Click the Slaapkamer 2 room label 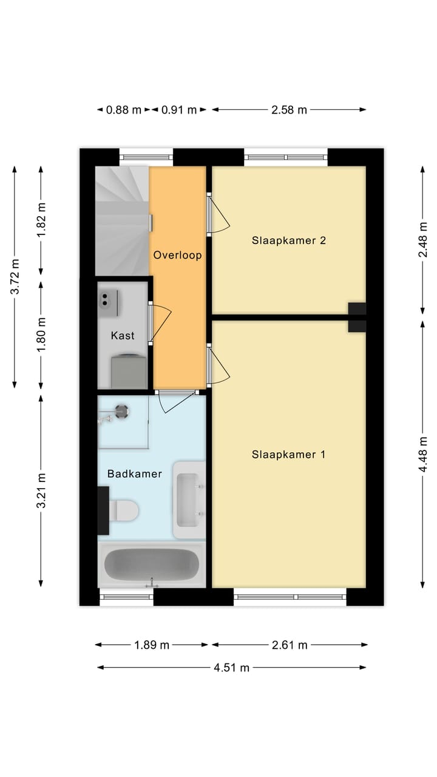tap(289, 240)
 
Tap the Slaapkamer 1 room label tap(289, 455)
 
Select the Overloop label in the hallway tap(177, 255)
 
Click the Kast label tap(123, 336)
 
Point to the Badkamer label tap(135, 473)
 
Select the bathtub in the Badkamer tap(151, 565)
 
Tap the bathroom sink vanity tap(189, 500)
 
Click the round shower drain tap(123, 412)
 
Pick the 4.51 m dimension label tap(231, 668)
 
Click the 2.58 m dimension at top tap(288, 110)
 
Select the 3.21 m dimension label tap(41, 491)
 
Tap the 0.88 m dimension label tap(123, 110)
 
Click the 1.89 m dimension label tap(152, 645)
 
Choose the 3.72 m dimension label tap(15, 276)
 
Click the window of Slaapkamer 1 tap(290, 597)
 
